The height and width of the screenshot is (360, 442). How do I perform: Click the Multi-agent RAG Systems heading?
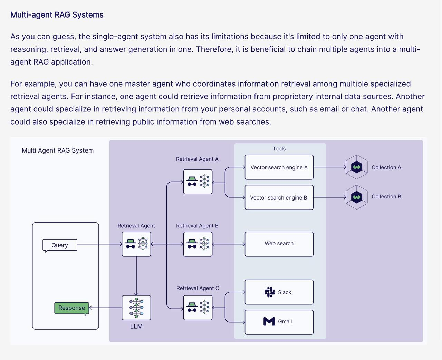57,15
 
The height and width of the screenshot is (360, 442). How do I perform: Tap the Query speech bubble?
60,245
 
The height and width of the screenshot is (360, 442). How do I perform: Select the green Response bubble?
71,308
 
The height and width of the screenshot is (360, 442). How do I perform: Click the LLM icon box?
136,308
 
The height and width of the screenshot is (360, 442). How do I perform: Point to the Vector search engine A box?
279,167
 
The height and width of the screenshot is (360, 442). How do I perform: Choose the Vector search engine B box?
279,197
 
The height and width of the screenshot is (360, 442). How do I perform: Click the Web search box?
279,244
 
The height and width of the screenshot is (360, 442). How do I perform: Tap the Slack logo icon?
270,292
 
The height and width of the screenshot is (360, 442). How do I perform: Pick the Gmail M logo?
269,321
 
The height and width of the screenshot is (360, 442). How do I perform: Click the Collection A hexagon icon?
356,167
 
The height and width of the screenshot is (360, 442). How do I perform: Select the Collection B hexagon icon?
356,197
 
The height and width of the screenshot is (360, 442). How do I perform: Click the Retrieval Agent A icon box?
198,182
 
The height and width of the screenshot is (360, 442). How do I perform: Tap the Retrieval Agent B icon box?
198,244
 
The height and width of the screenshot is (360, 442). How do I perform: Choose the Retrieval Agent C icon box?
198,308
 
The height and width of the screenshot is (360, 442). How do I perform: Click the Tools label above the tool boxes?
279,149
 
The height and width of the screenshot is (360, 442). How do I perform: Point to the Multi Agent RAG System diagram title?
58,150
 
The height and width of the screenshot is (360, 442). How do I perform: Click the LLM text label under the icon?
136,327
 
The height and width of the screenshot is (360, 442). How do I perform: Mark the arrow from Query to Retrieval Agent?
99,244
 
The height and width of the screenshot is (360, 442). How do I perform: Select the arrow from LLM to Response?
105,308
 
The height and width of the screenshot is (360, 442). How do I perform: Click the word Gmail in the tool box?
285,321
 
